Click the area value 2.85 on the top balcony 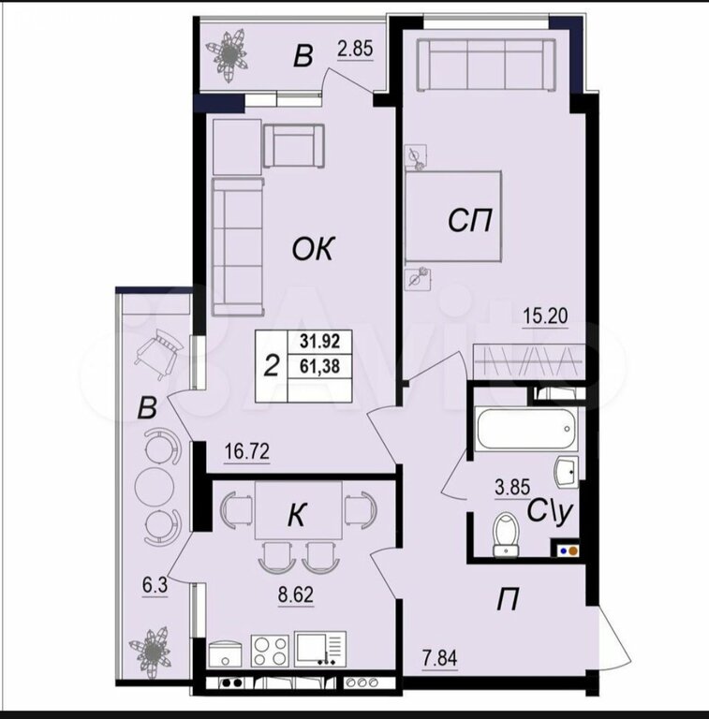(x=355, y=49)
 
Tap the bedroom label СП (x=469, y=221)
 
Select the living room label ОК (x=314, y=249)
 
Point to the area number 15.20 (x=545, y=315)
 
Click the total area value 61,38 (x=319, y=366)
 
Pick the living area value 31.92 (x=319, y=341)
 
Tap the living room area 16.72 (x=246, y=451)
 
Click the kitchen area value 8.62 (x=295, y=594)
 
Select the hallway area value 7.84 (x=440, y=658)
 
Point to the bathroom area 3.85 (x=512, y=487)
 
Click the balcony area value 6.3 (x=155, y=585)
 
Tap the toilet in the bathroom (x=506, y=535)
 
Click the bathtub (x=527, y=428)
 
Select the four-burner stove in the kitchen (x=270, y=651)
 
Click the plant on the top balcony (x=229, y=55)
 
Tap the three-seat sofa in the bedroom (x=486, y=65)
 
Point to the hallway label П (x=508, y=599)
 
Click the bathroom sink (x=567, y=472)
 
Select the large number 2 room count (x=272, y=366)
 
